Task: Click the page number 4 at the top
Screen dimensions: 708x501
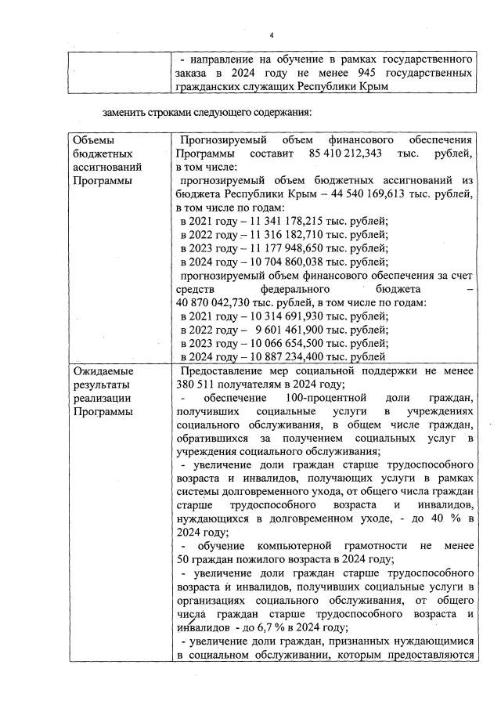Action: [x=272, y=34]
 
